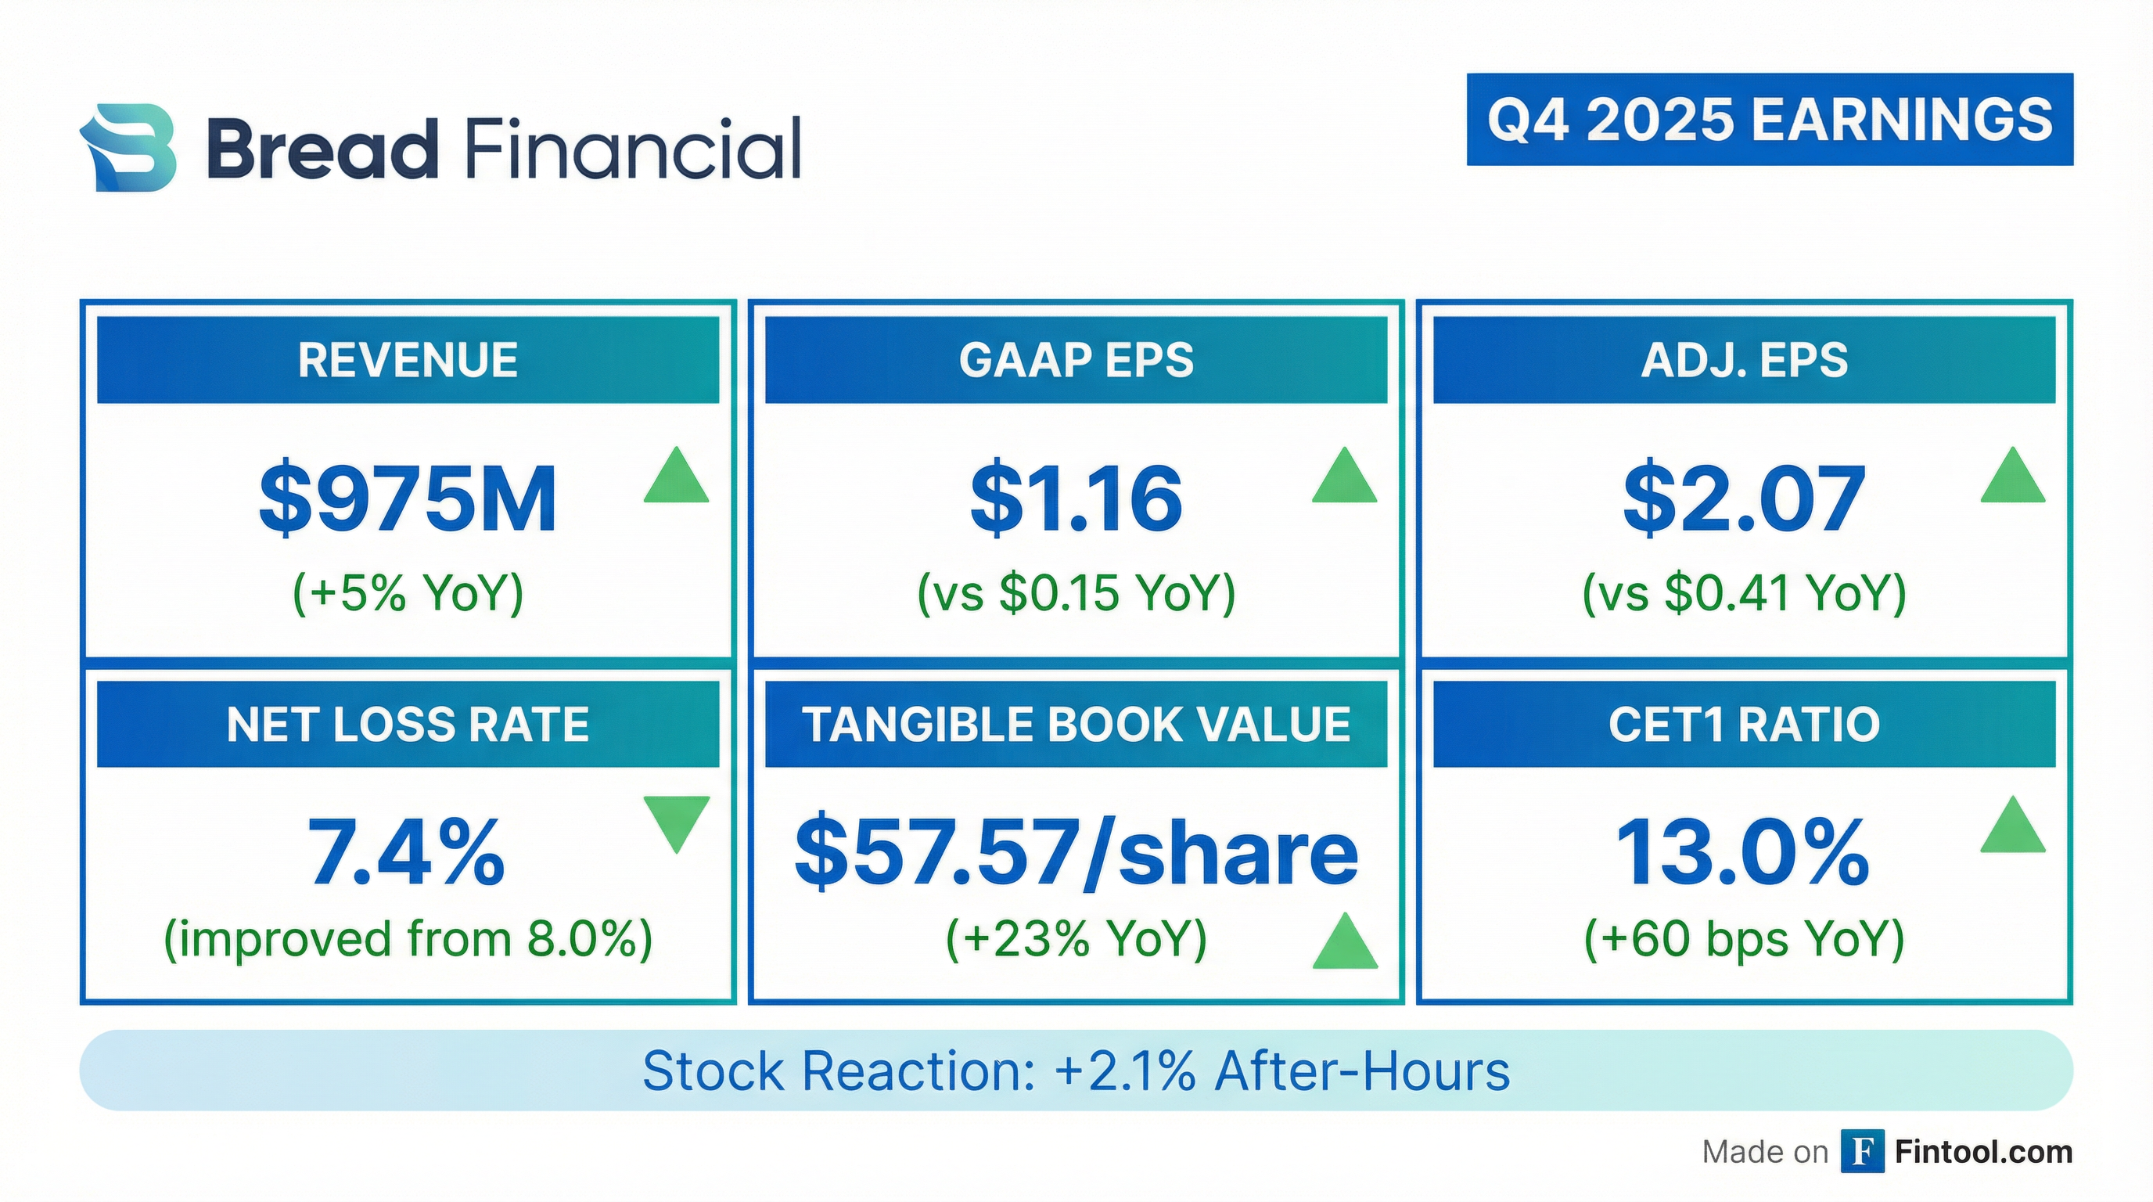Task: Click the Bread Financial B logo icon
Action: (x=128, y=148)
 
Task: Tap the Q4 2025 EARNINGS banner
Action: (x=1770, y=120)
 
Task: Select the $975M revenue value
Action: (x=408, y=499)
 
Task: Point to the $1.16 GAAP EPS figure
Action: (x=1076, y=499)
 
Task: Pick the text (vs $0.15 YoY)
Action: (x=1076, y=592)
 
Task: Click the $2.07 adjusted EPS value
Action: (x=1744, y=499)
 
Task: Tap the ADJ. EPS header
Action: (x=1744, y=360)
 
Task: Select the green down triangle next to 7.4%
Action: (x=676, y=822)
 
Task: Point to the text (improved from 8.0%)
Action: (x=408, y=939)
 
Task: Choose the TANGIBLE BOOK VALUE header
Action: (x=1076, y=724)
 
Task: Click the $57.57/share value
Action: (x=1076, y=853)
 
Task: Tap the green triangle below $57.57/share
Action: (x=1344, y=944)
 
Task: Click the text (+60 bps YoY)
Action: (x=1744, y=939)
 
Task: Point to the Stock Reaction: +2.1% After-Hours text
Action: (x=1076, y=1071)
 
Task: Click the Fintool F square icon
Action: (x=1862, y=1152)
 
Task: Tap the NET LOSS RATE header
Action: (x=408, y=724)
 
